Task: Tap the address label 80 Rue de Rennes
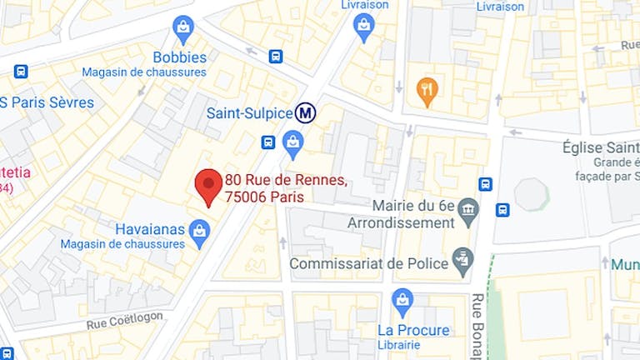coord(286,180)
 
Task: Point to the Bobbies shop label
coord(179,57)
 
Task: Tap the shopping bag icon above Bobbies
coord(183,29)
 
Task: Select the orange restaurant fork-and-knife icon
coord(427,90)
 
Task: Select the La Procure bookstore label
coord(413,330)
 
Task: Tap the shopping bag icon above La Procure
coord(402,301)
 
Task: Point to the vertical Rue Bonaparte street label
coord(478,326)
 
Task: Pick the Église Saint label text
coord(607,146)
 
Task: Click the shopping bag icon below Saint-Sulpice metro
coord(292,143)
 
